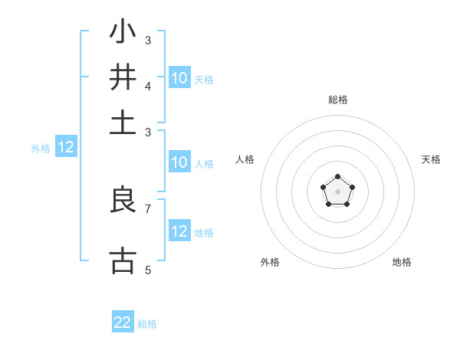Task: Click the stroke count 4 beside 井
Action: [x=148, y=86]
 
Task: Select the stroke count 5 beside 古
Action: [x=148, y=270]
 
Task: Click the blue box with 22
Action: [x=123, y=322]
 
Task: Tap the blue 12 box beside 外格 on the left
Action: [x=66, y=148]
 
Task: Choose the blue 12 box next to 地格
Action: [x=179, y=231]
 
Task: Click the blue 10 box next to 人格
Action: [x=179, y=162]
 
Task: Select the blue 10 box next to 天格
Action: [x=179, y=78]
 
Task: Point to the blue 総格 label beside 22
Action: [x=147, y=324]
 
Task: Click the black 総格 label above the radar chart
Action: [x=337, y=100]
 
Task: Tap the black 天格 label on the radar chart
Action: [x=431, y=159]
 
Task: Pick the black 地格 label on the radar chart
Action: [x=402, y=262]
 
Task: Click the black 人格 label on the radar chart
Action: [x=245, y=159]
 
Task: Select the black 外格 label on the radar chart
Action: [x=270, y=262]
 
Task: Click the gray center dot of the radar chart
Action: [x=337, y=191]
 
